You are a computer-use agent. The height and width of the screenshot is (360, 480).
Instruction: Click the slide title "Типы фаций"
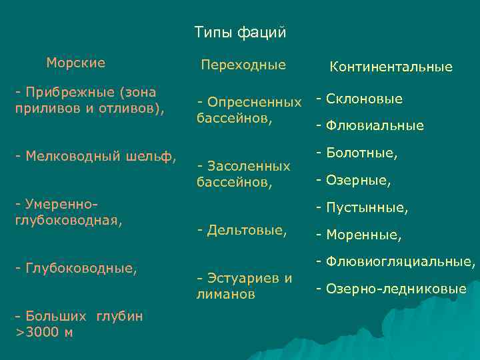coord(240,32)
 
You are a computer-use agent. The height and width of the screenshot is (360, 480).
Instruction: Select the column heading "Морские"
coord(75,63)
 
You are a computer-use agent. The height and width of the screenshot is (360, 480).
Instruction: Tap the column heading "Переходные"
coord(243,65)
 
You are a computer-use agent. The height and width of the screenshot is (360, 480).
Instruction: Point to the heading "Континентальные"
coord(391,67)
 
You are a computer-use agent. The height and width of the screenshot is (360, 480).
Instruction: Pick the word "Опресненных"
coord(254,103)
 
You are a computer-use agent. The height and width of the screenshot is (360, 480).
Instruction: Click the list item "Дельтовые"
coord(245,230)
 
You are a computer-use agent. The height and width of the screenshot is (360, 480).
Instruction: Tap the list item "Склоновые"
coord(363,99)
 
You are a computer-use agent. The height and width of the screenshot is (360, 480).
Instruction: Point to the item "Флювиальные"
coord(373,125)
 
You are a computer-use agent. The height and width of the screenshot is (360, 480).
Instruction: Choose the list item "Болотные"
coord(360,153)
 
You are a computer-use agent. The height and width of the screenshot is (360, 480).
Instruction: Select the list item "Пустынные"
coord(365,208)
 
